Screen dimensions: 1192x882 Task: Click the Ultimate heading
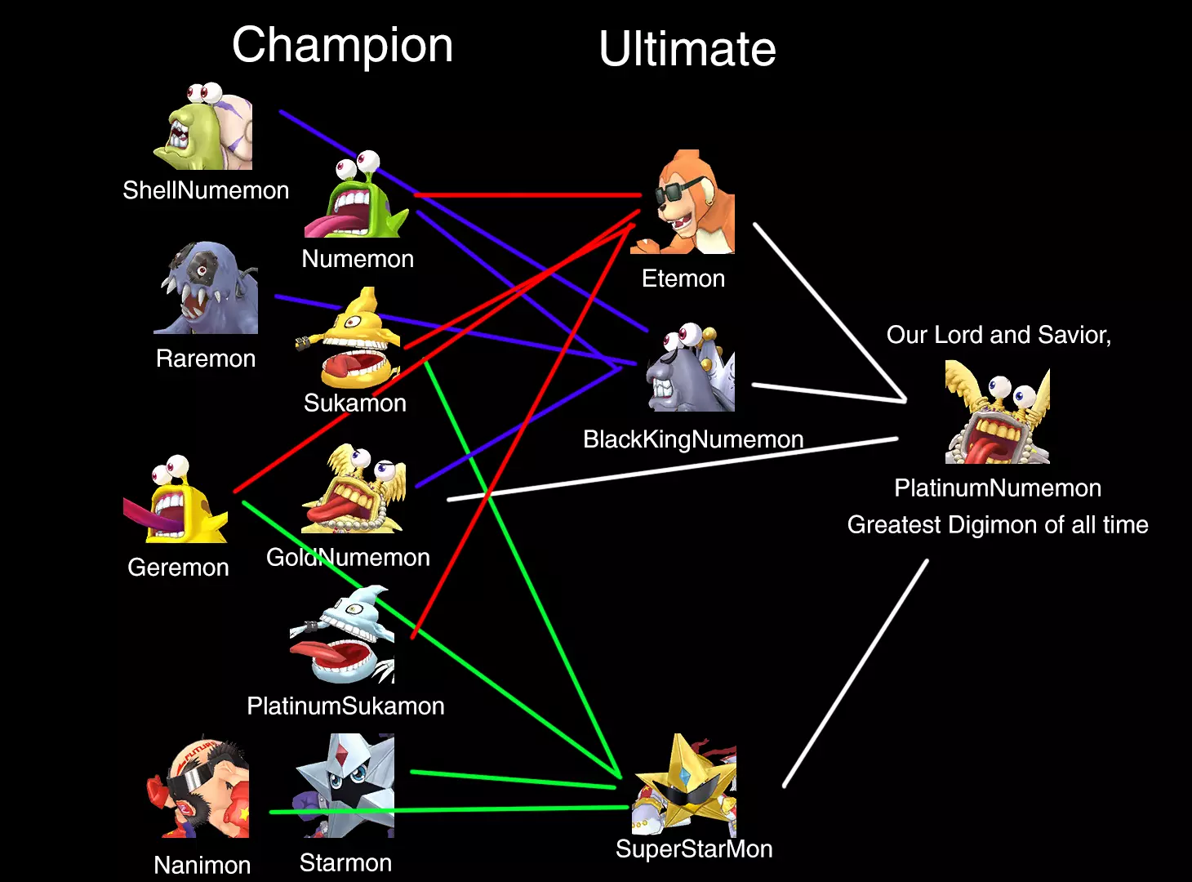tap(687, 49)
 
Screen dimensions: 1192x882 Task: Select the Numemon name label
tap(358, 259)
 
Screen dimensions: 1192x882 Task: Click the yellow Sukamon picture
tap(349, 338)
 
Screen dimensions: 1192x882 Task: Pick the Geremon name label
tap(179, 568)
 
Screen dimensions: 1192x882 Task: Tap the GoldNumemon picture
tap(353, 488)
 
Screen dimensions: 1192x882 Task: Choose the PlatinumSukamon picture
tap(342, 635)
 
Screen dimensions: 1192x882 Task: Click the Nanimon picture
tap(198, 786)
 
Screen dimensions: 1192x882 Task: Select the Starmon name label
tap(345, 863)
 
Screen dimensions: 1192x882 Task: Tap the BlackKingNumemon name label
tap(693, 439)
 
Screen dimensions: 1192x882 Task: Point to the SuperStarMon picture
tap(685, 785)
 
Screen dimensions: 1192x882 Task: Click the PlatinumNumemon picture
tap(998, 412)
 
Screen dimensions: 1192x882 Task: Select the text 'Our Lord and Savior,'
tap(999, 335)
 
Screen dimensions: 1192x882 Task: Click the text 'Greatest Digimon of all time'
tap(998, 525)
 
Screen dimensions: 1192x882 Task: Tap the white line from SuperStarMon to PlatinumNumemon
tap(856, 674)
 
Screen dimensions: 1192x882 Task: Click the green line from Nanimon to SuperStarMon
tap(449, 810)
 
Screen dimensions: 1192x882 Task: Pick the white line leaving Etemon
tap(830, 313)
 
